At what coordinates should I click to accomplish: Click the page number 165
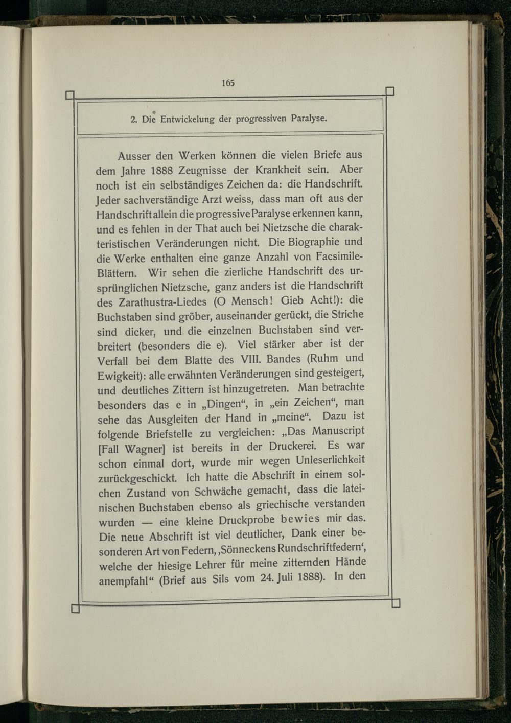[x=228, y=83]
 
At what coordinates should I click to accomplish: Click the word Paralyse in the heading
[x=308, y=118]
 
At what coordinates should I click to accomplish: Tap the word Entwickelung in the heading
[x=188, y=120]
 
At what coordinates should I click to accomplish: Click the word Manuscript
[x=338, y=432]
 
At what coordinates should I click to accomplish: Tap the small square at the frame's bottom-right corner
[x=396, y=603]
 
